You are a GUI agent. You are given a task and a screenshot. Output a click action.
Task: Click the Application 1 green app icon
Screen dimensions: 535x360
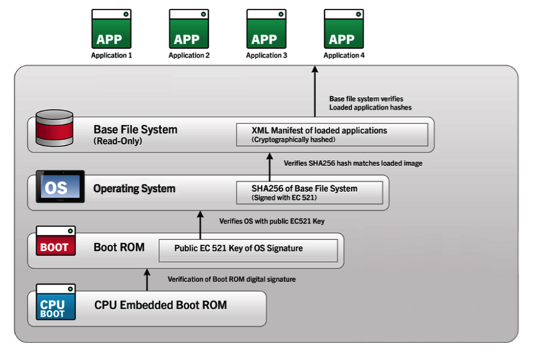[111, 28]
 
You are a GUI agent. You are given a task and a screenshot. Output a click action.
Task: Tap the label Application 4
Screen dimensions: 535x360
[344, 56]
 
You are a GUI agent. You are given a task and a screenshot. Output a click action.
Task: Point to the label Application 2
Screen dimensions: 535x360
[189, 56]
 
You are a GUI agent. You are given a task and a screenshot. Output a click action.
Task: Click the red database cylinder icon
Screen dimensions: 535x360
[54, 128]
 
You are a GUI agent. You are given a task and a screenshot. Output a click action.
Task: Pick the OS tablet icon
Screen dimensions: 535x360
[60, 186]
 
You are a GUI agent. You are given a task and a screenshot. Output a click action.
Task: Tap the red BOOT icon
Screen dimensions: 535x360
[56, 241]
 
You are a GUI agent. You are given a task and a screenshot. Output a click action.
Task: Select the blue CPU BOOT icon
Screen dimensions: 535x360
[56, 302]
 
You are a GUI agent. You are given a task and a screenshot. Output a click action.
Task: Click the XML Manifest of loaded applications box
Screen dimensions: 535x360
[332, 135]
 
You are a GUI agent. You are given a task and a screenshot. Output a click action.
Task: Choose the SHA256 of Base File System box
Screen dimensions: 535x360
[309, 193]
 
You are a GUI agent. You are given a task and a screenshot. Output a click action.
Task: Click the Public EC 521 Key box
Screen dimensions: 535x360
[248, 250]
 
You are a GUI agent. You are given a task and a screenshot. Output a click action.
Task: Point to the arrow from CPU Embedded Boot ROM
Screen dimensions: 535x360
[147, 280]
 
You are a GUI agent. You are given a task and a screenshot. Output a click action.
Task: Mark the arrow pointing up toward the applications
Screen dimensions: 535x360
[315, 91]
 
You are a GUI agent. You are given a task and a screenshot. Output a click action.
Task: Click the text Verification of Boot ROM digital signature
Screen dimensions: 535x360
[232, 279]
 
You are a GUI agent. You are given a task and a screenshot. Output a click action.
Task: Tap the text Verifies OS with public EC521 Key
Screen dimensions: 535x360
[272, 221]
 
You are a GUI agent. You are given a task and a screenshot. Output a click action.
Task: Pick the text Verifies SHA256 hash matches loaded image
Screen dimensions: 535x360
[353, 163]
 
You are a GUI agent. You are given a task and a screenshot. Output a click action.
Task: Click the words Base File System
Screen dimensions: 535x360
[136, 129]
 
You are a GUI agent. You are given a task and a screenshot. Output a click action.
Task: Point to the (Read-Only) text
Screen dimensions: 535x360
[118, 141]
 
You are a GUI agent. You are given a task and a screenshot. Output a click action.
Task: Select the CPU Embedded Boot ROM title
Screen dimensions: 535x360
[160, 304]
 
